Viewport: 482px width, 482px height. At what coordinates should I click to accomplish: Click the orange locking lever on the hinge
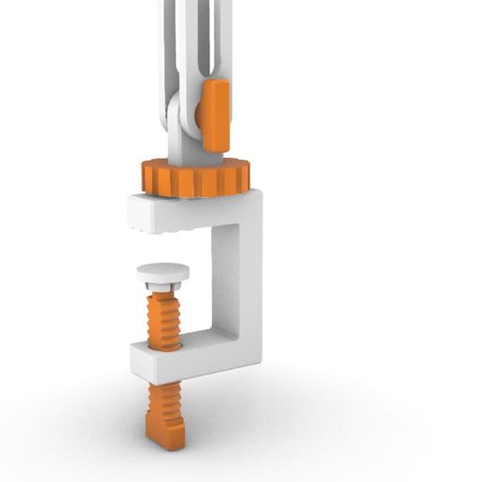tap(214, 114)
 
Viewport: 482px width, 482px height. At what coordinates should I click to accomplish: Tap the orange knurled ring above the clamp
tap(195, 177)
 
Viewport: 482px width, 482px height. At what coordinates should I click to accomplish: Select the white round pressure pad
tap(163, 273)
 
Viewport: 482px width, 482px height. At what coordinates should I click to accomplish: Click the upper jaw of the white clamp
tap(187, 210)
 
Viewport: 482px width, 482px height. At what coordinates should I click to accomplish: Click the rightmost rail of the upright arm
tap(224, 37)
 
